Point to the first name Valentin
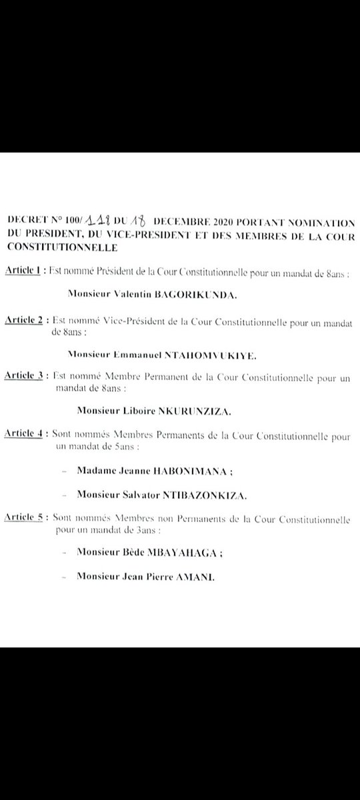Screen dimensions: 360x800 (x=137, y=292)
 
